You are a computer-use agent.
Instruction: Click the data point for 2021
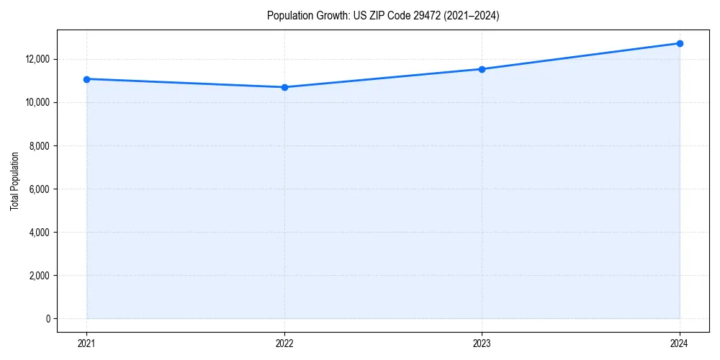point(86,79)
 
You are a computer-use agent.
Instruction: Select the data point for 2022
point(284,87)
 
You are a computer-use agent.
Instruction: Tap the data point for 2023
point(482,69)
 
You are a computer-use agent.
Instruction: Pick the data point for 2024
point(680,43)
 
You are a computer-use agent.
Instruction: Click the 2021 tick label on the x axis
point(86,343)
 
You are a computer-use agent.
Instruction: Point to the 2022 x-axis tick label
point(284,343)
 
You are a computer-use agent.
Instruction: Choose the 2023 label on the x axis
point(482,343)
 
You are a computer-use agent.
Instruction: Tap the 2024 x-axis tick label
point(680,343)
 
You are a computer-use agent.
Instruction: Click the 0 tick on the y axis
point(48,319)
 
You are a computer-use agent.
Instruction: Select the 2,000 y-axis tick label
point(40,276)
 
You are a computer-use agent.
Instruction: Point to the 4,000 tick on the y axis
point(40,233)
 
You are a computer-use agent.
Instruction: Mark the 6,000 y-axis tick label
point(40,189)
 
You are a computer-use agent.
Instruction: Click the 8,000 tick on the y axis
point(40,146)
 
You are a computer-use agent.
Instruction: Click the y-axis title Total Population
point(14,181)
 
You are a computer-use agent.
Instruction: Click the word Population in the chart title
point(288,16)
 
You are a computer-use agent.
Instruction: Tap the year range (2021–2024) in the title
point(467,16)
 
